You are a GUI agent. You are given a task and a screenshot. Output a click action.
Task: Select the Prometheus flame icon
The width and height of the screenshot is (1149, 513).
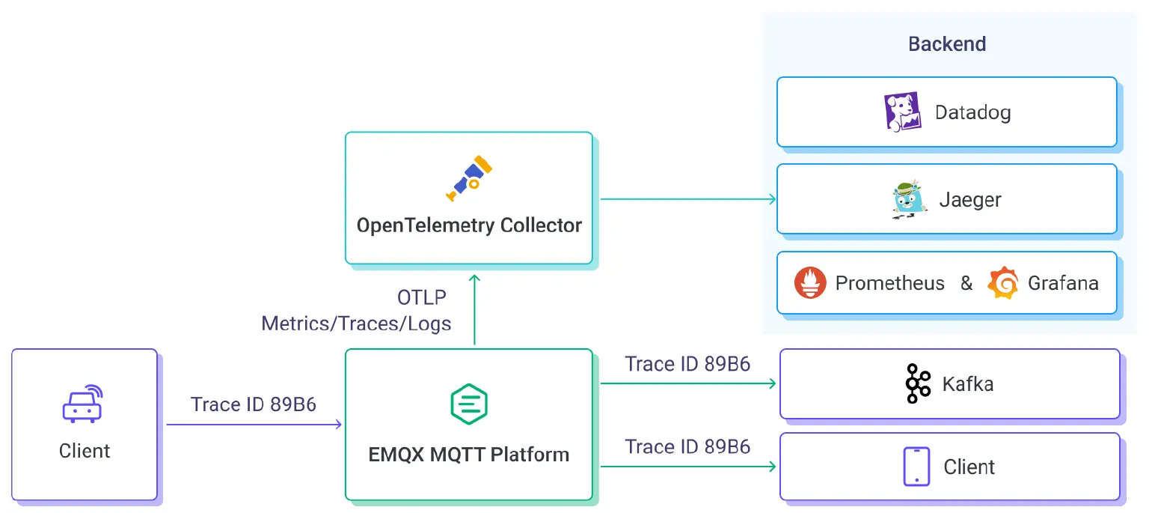pyautogui.click(x=810, y=283)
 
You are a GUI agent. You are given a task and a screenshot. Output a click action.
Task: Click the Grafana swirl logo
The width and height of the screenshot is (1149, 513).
pyautogui.click(x=1003, y=283)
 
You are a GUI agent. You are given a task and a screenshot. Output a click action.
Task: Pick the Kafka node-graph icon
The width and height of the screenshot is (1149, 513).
pyautogui.click(x=917, y=384)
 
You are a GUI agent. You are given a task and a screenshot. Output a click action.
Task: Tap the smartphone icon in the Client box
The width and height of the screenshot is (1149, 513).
pyautogui.click(x=916, y=467)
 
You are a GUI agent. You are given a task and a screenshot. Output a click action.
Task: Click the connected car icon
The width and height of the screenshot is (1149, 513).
pyautogui.click(x=82, y=404)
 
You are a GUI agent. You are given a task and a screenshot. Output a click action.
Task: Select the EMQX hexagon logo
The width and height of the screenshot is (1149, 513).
pyautogui.click(x=468, y=404)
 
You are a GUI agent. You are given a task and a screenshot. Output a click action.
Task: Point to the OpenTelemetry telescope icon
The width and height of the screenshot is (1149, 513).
pyautogui.click(x=468, y=177)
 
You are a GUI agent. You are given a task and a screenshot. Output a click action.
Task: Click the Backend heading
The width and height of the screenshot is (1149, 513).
pyautogui.click(x=947, y=44)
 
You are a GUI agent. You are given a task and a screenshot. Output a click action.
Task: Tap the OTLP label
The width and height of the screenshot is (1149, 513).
pyautogui.click(x=422, y=297)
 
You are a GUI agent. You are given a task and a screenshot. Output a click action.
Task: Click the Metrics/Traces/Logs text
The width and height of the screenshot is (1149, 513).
pyautogui.click(x=356, y=324)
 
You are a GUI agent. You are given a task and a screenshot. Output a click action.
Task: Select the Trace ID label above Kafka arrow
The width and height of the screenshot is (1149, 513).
pyautogui.click(x=687, y=364)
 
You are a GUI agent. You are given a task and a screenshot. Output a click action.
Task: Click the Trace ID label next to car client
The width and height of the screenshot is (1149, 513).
pyautogui.click(x=253, y=404)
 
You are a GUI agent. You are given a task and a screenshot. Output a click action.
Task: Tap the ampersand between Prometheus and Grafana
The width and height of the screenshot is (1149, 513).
pyautogui.click(x=966, y=283)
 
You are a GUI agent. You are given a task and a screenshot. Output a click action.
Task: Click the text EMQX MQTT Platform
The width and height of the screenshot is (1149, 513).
pyautogui.click(x=468, y=454)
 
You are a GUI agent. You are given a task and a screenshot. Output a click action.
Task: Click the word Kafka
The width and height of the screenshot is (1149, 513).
pyautogui.click(x=968, y=384)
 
